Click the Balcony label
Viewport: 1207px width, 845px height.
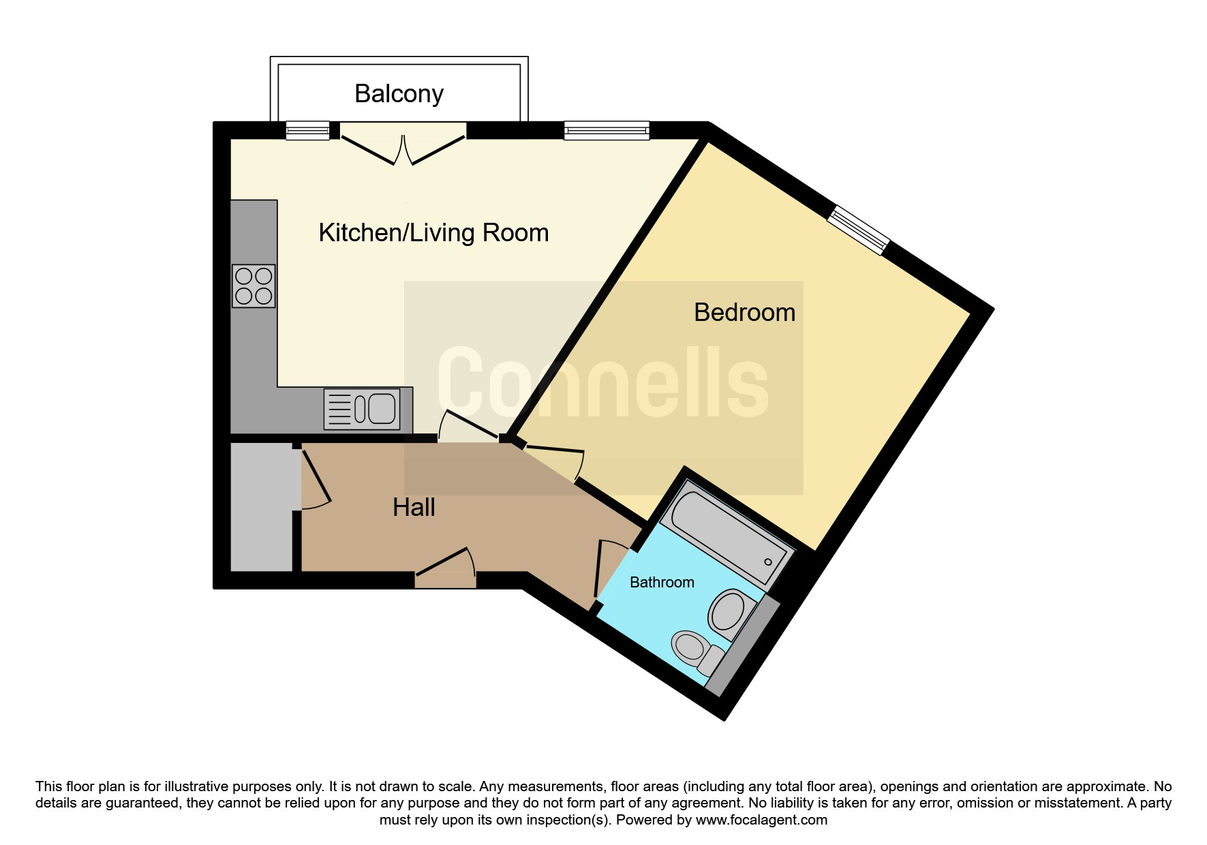pos(399,94)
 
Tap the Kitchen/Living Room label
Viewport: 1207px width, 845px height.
pos(433,233)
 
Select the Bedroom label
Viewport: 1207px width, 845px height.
pos(744,312)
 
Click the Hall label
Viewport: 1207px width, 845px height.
pos(414,508)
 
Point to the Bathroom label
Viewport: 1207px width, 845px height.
pos(662,583)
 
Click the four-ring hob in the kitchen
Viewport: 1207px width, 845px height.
pos(254,286)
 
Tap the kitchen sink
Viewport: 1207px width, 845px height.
pos(362,409)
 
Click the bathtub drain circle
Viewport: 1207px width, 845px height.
pos(768,562)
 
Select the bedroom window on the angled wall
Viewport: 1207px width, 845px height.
pos(859,230)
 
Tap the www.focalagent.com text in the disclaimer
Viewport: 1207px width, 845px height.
pos(761,820)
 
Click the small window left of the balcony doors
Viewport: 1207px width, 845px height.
pos(307,130)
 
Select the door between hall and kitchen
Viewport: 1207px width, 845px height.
pos(469,426)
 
